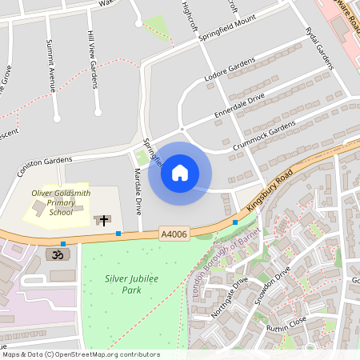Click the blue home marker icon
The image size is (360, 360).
(180, 173)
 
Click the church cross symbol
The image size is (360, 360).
(102, 219)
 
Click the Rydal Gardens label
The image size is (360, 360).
(318, 50)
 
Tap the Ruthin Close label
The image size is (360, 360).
(287, 328)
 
